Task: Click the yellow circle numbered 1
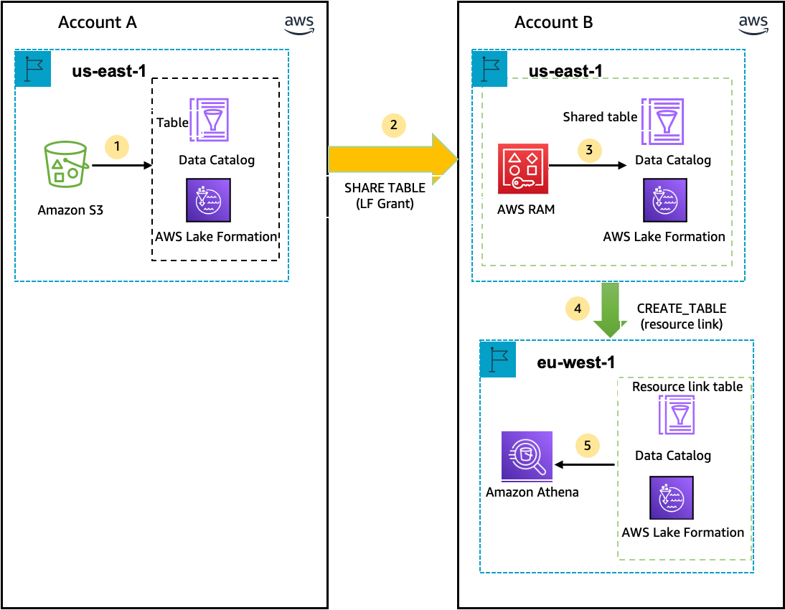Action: coord(117,147)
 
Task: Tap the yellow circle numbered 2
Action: coord(393,126)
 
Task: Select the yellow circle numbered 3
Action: coord(589,150)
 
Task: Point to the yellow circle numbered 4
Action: coord(577,309)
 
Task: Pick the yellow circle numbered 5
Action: coord(587,446)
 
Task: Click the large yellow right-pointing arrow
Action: coord(392,159)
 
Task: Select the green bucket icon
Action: coord(65,164)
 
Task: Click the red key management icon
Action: coord(523,169)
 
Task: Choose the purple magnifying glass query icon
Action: coord(527,455)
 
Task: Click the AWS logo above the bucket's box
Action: coord(299,25)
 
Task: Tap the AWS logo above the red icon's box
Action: coord(753,25)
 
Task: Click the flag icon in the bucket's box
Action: coord(33,69)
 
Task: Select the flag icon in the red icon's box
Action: coord(490,69)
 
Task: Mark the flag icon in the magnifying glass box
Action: coord(498,359)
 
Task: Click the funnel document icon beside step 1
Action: coord(210,119)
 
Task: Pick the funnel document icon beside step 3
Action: coord(663,121)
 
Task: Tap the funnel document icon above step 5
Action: coord(677,415)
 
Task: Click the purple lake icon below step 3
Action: coord(665,200)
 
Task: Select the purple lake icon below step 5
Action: coord(672,497)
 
